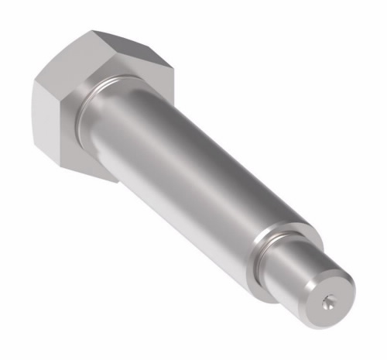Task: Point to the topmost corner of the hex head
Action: pyautogui.click(x=94, y=30)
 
